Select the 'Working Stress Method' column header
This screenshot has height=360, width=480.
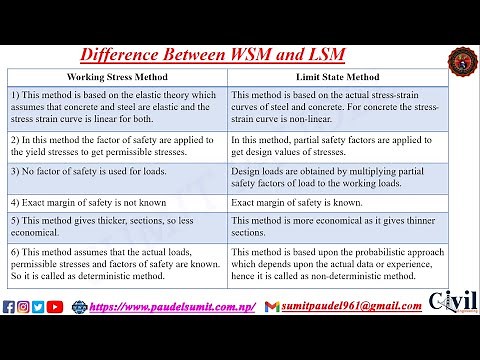pyautogui.click(x=117, y=76)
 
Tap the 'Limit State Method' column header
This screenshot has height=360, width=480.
pyautogui.click(x=337, y=76)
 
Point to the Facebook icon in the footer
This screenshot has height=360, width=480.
pyautogui.click(x=9, y=306)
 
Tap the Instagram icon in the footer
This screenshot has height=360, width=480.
pyautogui.click(x=23, y=306)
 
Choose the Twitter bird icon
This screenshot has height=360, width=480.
pyautogui.click(x=37, y=306)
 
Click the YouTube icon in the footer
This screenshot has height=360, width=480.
pyautogui.click(x=54, y=306)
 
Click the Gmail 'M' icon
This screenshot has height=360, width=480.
pyautogui.click(x=272, y=306)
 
